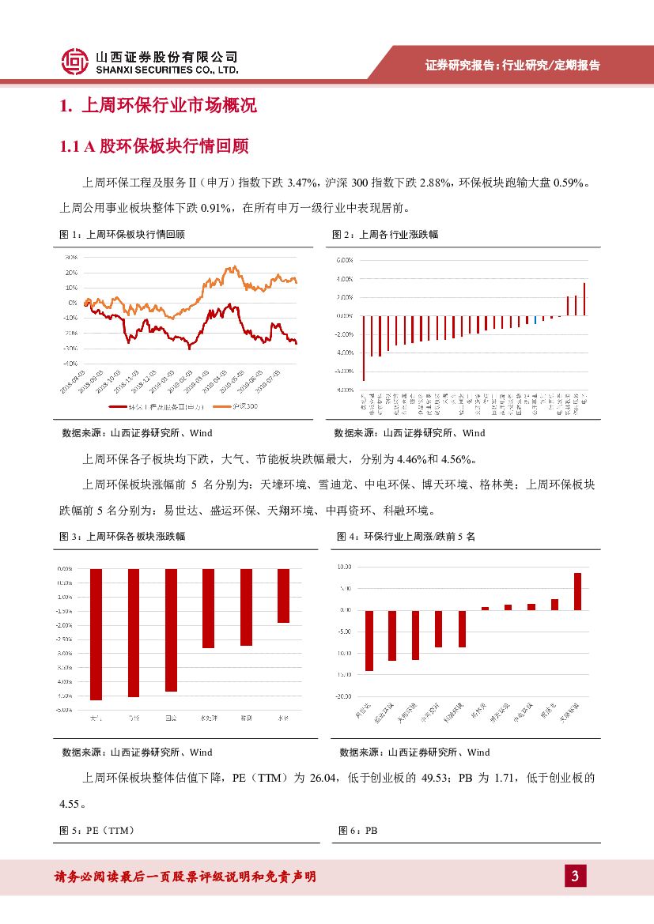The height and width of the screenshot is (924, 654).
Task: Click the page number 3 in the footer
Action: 575,876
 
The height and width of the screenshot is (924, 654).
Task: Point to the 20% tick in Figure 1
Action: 71,273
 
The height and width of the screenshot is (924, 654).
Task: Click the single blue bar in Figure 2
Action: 535,319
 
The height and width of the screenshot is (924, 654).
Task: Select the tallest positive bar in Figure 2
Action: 584,300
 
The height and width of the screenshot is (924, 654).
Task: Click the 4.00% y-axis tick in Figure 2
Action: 343,278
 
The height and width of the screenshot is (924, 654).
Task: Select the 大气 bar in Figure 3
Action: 96,634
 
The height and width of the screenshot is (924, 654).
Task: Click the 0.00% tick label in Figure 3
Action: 65,569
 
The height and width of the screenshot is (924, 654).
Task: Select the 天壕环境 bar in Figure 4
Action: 577,591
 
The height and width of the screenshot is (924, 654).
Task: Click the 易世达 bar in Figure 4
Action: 369,640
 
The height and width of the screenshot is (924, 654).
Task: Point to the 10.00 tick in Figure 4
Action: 345,567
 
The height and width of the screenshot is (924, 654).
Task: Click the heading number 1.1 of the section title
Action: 70,147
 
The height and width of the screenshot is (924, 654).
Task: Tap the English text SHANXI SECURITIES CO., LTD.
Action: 166,70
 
